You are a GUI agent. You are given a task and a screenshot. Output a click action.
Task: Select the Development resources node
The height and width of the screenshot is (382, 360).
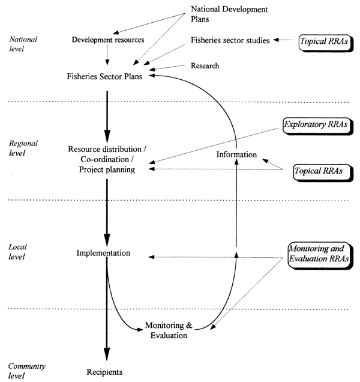tap(108, 40)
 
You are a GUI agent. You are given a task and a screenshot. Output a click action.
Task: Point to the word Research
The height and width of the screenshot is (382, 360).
tap(205, 65)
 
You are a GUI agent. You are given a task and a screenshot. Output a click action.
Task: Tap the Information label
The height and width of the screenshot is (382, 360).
tap(237, 155)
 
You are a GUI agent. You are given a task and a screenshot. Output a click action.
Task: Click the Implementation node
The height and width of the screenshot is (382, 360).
tap(103, 253)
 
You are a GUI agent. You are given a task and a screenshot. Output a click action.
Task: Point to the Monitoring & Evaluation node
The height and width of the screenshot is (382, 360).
tap(169, 330)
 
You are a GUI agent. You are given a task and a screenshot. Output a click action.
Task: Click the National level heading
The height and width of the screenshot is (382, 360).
tap(23, 44)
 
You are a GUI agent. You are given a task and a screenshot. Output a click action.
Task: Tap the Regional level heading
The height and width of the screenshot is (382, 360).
tap(25, 148)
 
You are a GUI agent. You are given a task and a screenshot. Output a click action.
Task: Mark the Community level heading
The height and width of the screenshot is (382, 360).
tap(27, 371)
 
